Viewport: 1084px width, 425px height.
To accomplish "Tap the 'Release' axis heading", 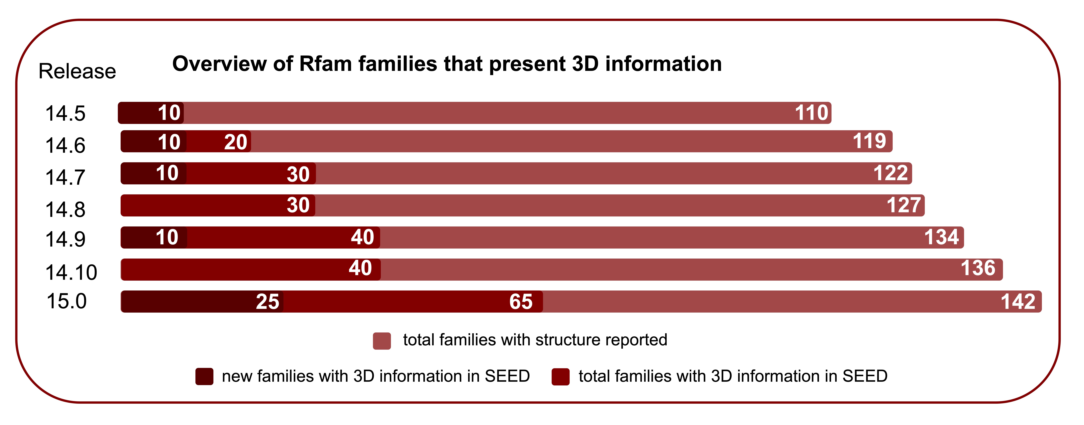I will (x=77, y=71).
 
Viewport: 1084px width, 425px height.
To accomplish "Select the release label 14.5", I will (x=65, y=114).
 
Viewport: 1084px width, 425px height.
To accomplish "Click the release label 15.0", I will (x=66, y=301).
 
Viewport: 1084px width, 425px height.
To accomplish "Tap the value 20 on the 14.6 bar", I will (x=235, y=142).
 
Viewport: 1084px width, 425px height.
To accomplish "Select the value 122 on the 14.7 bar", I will (x=890, y=173).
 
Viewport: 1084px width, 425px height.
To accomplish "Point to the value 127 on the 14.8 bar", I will (x=903, y=205).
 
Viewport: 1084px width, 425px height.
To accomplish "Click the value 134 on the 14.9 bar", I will (x=941, y=237).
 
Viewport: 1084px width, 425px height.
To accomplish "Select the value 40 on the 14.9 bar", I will (x=362, y=237).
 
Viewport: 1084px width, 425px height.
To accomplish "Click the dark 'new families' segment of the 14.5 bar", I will (x=139, y=113).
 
